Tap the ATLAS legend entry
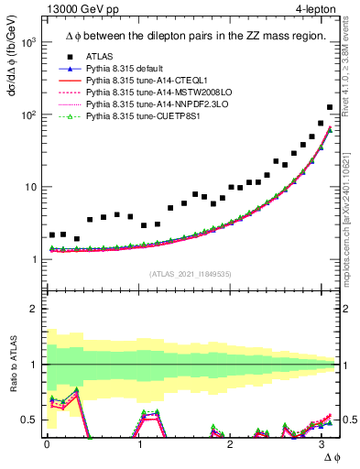coord(99,57)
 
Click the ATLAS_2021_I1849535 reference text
coord(189,274)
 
